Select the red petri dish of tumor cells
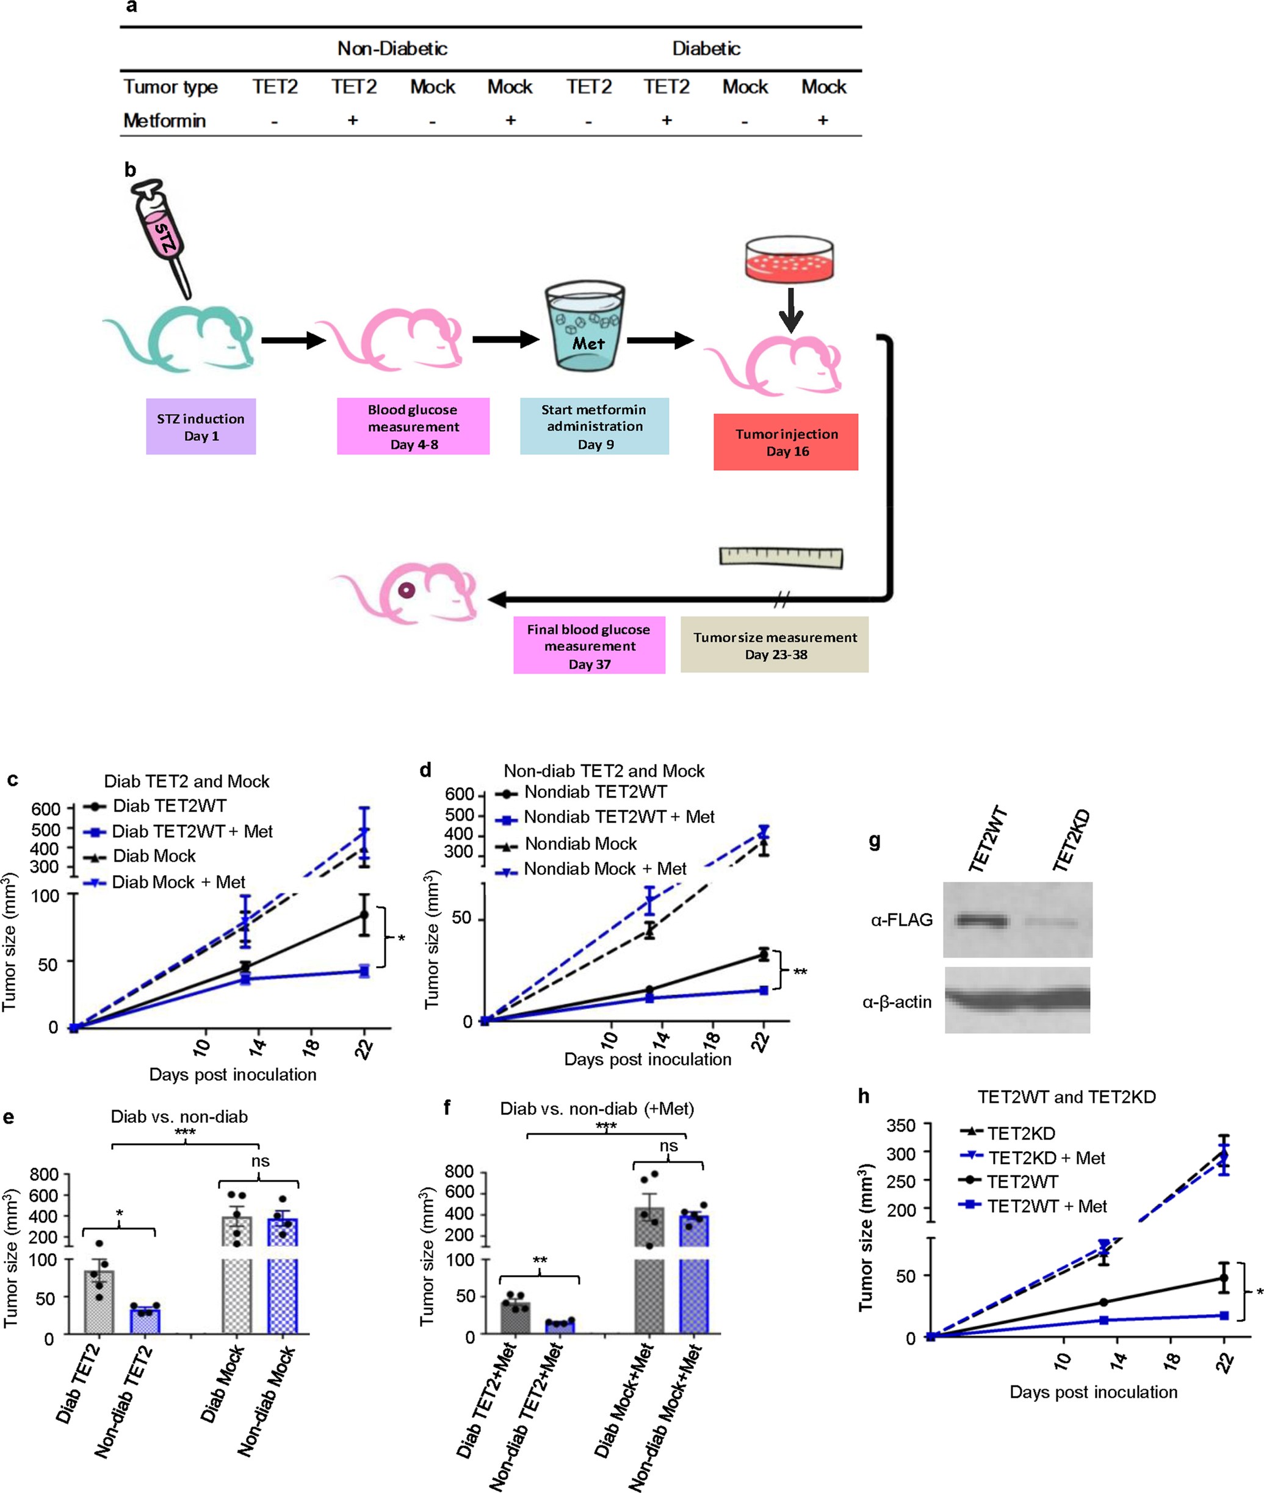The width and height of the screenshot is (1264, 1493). click(790, 260)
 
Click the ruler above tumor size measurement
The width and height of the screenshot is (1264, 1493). click(781, 557)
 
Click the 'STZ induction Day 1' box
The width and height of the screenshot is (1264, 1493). click(201, 426)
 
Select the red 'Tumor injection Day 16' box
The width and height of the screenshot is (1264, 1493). click(786, 441)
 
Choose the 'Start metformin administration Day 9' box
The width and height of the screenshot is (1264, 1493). click(594, 426)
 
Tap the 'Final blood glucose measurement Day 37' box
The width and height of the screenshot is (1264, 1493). click(589, 645)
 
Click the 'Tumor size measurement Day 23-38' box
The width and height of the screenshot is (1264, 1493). click(775, 644)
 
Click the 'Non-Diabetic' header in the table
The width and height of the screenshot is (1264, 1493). click(392, 49)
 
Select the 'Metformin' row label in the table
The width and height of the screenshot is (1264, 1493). click(165, 120)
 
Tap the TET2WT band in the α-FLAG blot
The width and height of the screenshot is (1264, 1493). click(981, 920)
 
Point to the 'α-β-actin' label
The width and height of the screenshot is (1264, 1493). click(897, 1001)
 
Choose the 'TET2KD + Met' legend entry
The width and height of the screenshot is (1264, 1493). click(1046, 1158)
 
